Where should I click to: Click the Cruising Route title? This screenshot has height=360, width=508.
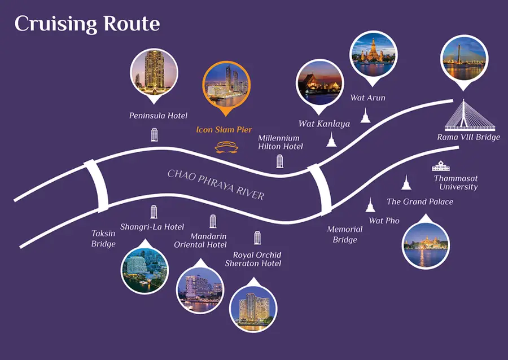87,24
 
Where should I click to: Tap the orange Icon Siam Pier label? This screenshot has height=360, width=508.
224,129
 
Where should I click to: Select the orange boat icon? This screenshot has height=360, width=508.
226,147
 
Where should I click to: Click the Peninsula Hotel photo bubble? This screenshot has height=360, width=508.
154,75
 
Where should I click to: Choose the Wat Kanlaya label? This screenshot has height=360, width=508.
324,124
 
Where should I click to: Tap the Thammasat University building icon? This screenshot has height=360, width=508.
441,166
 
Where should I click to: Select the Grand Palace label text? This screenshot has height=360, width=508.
420,201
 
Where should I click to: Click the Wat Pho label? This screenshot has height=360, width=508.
384,221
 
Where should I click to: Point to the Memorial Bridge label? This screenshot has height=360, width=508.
345,234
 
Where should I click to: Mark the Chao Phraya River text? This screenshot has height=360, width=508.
216,185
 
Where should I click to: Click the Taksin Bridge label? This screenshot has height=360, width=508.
103,238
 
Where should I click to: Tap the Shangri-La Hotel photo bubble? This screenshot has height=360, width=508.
144,267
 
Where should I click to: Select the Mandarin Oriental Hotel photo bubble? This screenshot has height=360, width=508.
200,287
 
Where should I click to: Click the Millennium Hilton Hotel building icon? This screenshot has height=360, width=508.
279,161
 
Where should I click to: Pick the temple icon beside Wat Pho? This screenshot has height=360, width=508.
370,205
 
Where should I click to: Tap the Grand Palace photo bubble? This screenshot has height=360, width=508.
426,242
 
